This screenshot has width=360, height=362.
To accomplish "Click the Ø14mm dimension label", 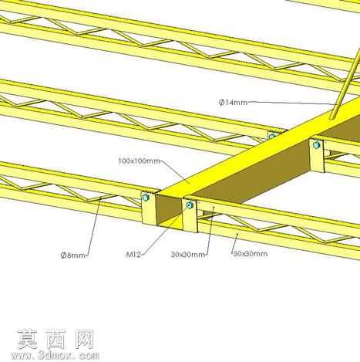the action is (233, 103).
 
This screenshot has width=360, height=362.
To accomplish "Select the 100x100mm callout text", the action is (139, 161).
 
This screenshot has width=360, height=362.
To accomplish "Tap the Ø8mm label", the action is (72, 255).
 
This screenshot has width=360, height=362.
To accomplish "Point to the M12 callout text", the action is (133, 255).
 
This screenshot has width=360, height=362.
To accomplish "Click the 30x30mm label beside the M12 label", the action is (188, 255).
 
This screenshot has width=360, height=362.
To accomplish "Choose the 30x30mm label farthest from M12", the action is (251, 254).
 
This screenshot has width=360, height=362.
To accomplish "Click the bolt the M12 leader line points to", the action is (190, 205).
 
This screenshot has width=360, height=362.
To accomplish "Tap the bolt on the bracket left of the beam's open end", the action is (146, 198).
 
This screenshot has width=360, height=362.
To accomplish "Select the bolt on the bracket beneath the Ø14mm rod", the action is (317, 145).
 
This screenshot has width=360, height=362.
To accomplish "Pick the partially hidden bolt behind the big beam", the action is (272, 136).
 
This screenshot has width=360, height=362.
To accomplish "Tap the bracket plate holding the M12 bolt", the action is (190, 215).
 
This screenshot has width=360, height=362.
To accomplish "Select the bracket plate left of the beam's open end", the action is (149, 208).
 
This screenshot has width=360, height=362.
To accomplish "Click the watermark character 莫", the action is (28, 339).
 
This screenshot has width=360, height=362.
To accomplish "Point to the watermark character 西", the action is (56, 339).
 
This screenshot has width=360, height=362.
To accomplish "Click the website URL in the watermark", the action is (55, 355).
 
